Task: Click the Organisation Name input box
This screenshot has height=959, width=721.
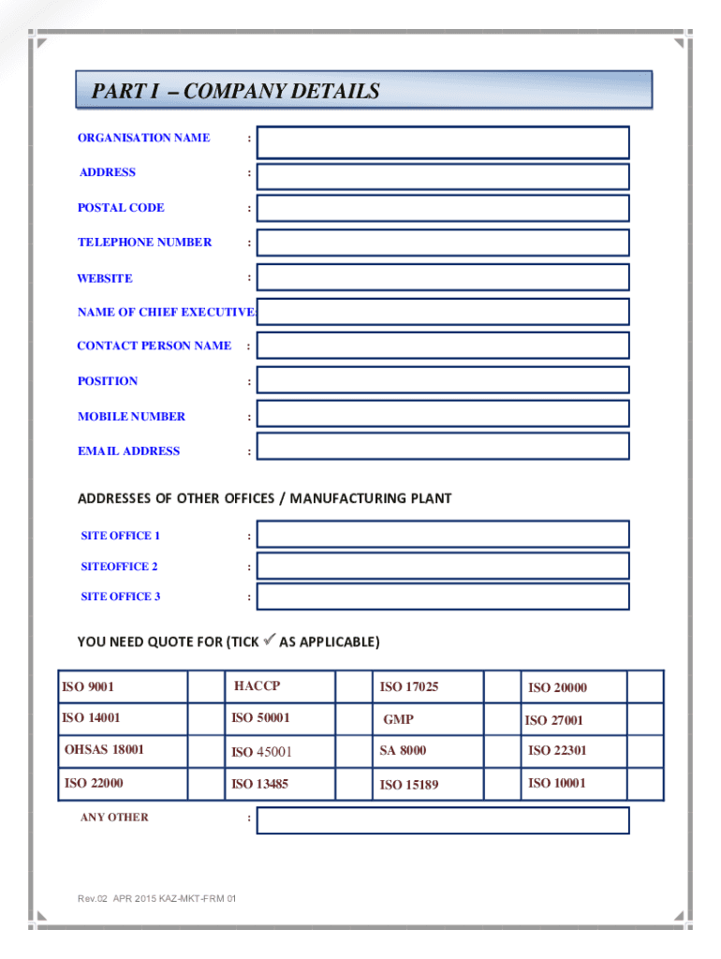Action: pyautogui.click(x=443, y=142)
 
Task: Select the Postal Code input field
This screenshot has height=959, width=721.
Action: pyautogui.click(x=443, y=208)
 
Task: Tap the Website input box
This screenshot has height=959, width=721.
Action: pyautogui.click(x=443, y=277)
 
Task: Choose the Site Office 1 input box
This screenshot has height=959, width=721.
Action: pyautogui.click(x=443, y=534)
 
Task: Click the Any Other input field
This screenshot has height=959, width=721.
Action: pyautogui.click(x=443, y=820)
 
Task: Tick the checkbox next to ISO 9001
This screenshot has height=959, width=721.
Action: pyautogui.click(x=204, y=686)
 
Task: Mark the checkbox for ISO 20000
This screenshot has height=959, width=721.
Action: pyautogui.click(x=645, y=686)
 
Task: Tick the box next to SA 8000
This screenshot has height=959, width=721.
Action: pyautogui.click(x=501, y=750)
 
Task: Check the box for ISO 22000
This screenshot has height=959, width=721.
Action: pyautogui.click(x=204, y=783)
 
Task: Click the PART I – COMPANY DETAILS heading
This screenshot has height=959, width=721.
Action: pyautogui.click(x=235, y=91)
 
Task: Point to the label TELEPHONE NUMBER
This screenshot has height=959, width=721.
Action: pyautogui.click(x=144, y=243)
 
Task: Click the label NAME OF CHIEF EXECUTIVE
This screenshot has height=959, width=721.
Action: pyautogui.click(x=165, y=312)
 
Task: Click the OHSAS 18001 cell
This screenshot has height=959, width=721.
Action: pyautogui.click(x=105, y=750)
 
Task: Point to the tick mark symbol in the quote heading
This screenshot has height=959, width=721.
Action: pyautogui.click(x=269, y=641)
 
